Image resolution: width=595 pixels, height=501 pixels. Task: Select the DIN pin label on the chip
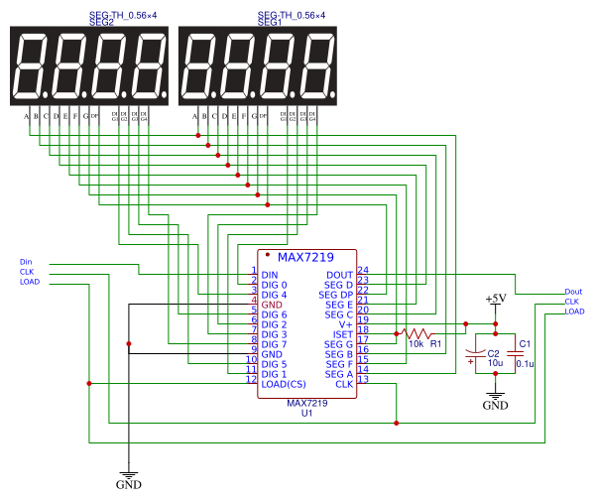270,275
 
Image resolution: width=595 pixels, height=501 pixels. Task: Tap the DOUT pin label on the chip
339,275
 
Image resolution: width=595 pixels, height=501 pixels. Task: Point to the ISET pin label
342,334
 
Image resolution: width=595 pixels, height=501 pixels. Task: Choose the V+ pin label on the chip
346,324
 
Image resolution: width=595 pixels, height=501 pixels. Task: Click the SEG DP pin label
335,295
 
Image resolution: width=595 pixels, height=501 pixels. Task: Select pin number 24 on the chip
363,270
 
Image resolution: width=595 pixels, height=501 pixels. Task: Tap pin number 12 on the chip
252,379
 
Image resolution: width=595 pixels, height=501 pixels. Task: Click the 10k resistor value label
416,345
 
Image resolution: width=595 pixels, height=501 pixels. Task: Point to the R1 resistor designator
435,345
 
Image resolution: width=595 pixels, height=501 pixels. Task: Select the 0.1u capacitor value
526,364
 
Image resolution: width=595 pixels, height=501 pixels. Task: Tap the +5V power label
495,299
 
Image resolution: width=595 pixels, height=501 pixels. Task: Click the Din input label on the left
26,262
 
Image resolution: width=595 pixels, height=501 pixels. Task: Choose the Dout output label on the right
573,292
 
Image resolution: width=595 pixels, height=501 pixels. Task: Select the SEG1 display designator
270,22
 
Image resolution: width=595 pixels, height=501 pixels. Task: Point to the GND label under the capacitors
495,406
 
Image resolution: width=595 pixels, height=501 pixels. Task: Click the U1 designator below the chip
307,412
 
